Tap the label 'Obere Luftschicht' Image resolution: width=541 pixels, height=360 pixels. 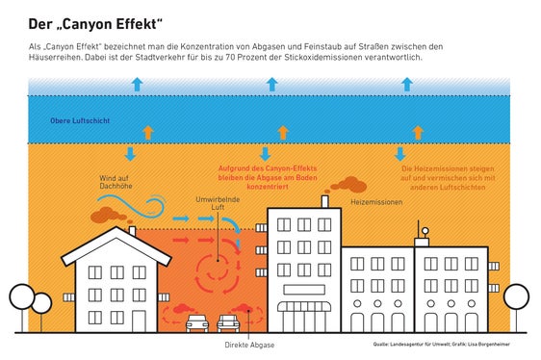click(80, 122)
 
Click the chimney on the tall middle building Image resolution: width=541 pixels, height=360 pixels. click(325, 201)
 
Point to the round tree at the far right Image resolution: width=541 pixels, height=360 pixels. click(516, 296)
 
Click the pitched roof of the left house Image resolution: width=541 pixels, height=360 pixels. click(116, 243)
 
